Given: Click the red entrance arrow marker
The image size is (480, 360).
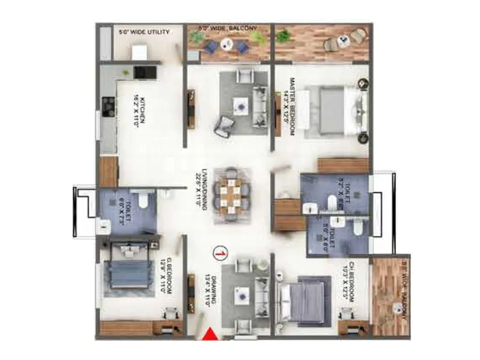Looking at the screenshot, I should [211, 335].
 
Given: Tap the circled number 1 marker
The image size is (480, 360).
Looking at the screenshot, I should [221, 254].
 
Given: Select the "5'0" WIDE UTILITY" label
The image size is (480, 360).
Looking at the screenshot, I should [144, 31].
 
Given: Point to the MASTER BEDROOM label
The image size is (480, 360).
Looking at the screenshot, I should [290, 106].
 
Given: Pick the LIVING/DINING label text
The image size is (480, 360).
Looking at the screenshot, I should [199, 188].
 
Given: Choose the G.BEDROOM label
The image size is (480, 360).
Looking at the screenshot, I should [166, 277].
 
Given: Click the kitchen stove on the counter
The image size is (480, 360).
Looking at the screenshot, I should [109, 107].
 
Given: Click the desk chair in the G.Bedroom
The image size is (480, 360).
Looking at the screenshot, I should [171, 313].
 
